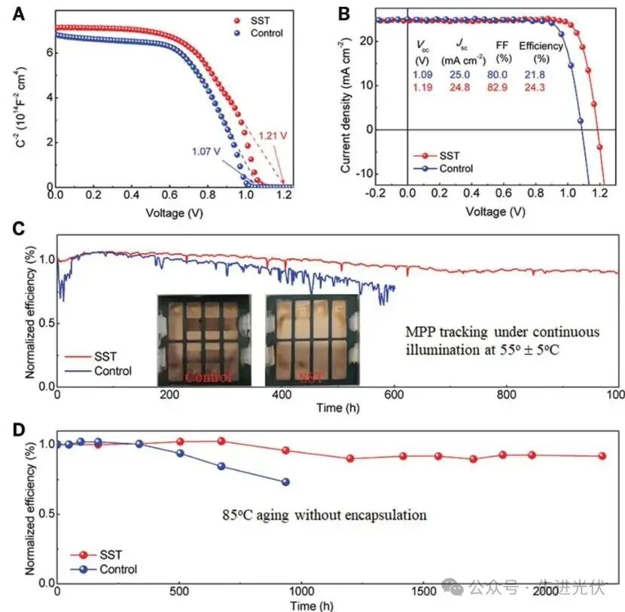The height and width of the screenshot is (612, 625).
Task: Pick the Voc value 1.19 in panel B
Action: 423,87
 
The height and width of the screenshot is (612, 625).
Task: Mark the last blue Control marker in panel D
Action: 285,482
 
